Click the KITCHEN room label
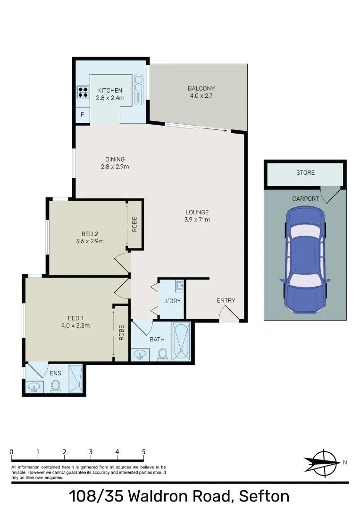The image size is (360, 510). coord(110,91)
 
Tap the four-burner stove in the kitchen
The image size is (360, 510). coord(83,91)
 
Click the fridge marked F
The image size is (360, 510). coord(83,115)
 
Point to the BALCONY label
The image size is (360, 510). coord(201,88)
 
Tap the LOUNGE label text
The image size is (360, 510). coord(197,212)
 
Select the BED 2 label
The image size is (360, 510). coord(90,233)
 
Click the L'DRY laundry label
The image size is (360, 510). coord(173,301)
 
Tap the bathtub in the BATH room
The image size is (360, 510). coord(181,342)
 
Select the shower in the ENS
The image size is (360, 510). coord(75,378)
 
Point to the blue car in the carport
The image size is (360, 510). coord(305,261)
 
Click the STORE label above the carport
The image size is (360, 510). coord(305,173)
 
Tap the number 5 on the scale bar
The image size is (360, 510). coord(143,452)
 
